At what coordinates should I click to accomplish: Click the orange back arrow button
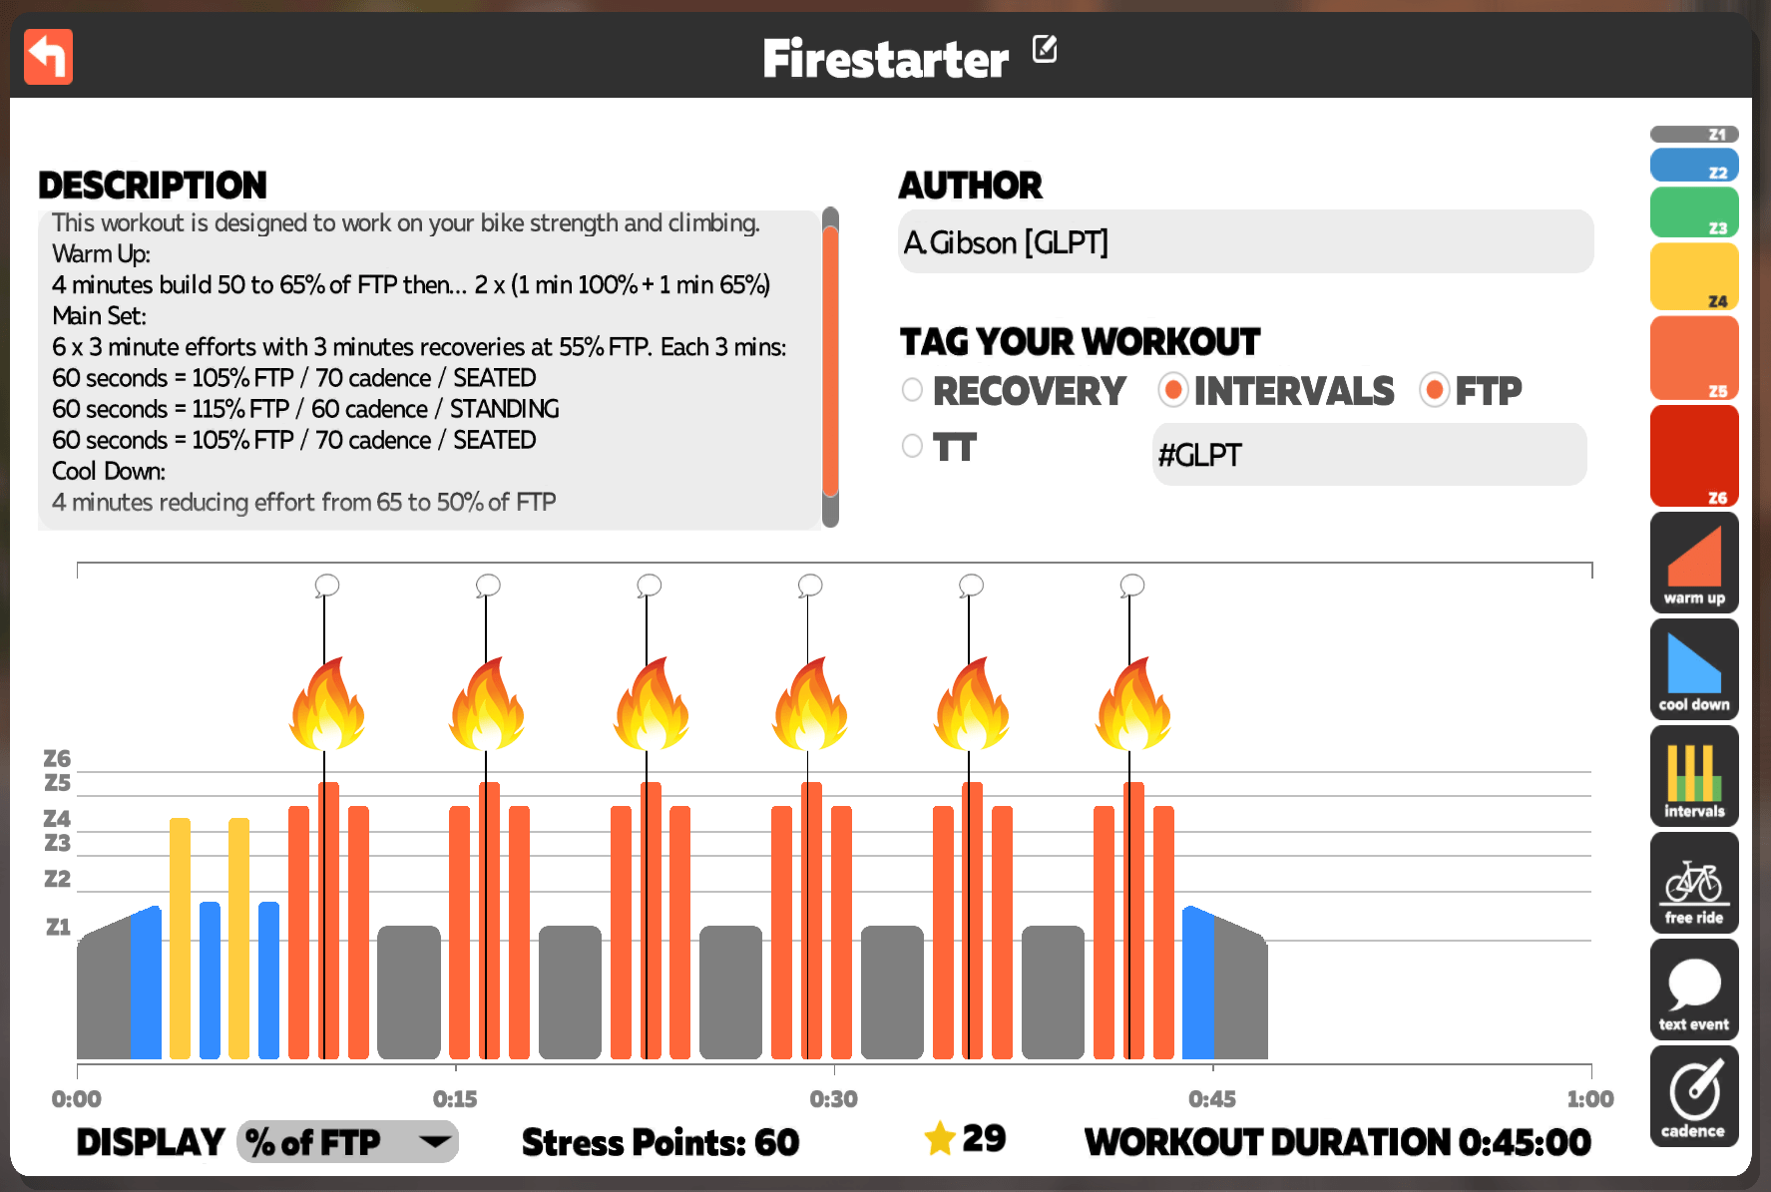click(x=48, y=57)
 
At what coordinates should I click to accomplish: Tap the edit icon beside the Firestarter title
click(x=1045, y=48)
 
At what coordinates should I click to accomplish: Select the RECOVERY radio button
click(x=912, y=390)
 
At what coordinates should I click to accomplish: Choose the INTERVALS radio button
click(x=1173, y=390)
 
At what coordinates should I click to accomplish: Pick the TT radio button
click(x=912, y=446)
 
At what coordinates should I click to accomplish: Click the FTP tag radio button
click(x=1435, y=390)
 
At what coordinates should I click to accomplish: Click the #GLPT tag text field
click(x=1369, y=455)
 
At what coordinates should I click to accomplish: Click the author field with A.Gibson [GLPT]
click(x=1245, y=241)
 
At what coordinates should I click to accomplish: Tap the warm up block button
click(x=1694, y=563)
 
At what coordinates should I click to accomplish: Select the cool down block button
click(x=1694, y=669)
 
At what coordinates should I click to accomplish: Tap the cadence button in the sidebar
click(x=1694, y=1096)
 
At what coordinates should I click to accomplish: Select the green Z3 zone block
click(x=1694, y=212)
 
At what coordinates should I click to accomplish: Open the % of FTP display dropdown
click(x=347, y=1141)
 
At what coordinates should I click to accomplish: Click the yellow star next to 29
click(x=940, y=1138)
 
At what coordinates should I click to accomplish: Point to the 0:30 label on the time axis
click(x=833, y=1099)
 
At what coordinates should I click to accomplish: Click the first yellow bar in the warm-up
click(x=180, y=939)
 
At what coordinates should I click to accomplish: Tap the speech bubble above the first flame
click(x=326, y=585)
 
